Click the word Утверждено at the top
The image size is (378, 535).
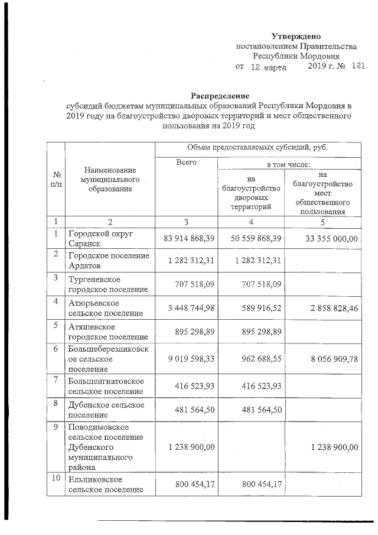[296, 37]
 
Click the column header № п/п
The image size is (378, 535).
[57, 179]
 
